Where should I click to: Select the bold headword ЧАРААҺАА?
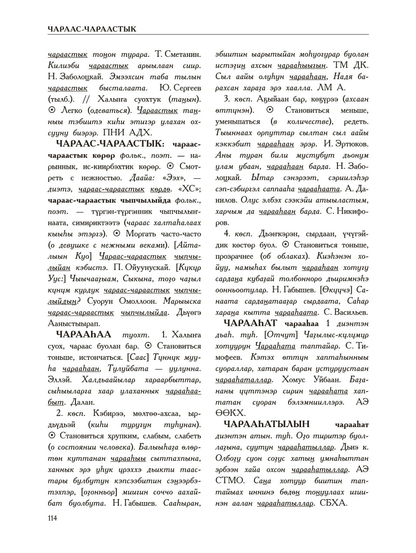84,335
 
